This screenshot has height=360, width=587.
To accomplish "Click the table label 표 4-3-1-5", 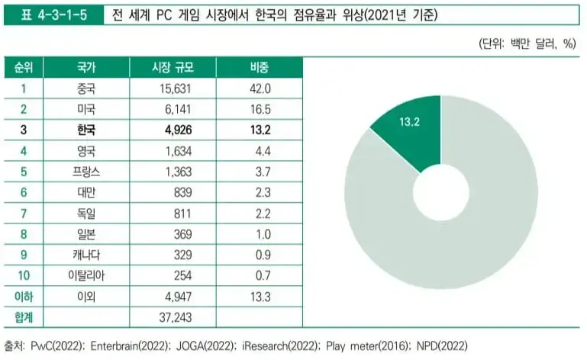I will (x=51, y=14).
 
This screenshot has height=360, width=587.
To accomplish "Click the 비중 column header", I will (x=260, y=68).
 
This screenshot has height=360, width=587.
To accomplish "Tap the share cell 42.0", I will (x=260, y=88).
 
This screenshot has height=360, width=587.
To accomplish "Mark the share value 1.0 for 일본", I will (x=260, y=233).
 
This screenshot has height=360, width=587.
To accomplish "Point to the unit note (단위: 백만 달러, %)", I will (x=527, y=43).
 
